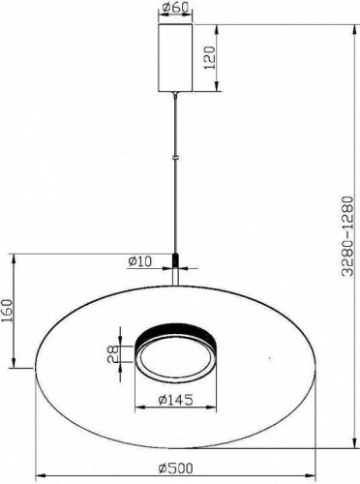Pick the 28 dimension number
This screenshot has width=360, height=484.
[115, 356]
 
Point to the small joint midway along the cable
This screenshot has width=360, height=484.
[174, 157]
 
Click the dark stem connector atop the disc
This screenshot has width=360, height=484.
[174, 260]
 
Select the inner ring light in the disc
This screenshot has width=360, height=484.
[174, 354]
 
